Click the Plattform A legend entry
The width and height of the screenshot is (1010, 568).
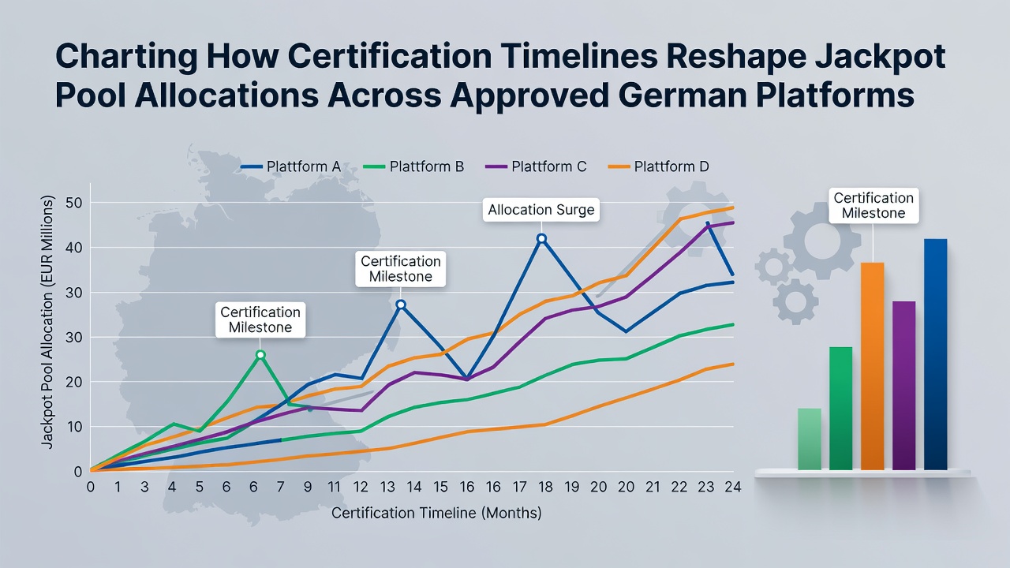[291, 166]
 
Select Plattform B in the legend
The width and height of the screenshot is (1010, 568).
[413, 166]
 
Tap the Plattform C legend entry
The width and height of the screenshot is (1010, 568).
[536, 166]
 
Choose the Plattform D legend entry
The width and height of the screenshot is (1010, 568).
[658, 166]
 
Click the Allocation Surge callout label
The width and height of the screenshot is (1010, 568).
[541, 210]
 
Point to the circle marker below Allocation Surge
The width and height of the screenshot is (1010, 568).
[542, 238]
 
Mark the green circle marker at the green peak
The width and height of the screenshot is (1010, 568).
[260, 355]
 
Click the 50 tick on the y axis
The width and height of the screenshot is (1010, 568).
[73, 203]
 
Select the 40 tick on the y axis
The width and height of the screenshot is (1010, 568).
[73, 248]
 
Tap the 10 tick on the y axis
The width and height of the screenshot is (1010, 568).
[73, 427]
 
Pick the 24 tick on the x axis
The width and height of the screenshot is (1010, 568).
[733, 487]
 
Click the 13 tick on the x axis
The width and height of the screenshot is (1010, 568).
[387, 487]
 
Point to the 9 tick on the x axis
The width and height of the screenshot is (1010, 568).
[308, 487]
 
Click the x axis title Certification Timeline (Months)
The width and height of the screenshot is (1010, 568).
[436, 513]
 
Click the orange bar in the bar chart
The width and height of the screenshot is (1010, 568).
[873, 366]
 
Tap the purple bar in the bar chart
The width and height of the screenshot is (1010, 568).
[904, 386]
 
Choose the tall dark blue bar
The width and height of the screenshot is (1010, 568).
[936, 354]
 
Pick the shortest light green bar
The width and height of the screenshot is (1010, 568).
[810, 439]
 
